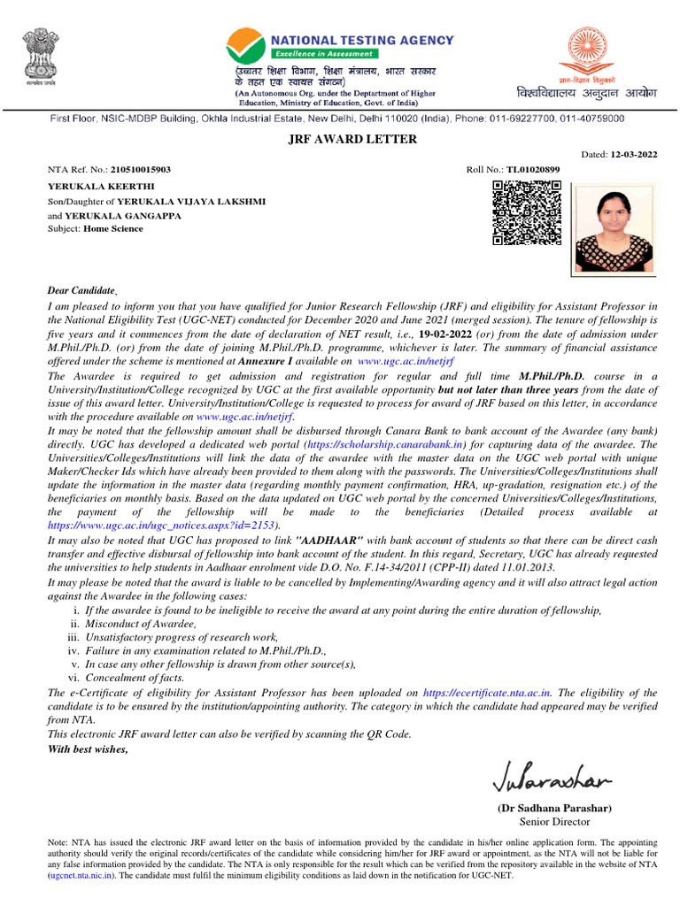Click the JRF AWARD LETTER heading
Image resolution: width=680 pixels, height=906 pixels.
(x=340, y=139)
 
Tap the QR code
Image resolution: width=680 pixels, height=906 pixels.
(x=527, y=212)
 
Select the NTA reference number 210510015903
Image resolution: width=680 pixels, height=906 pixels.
(x=141, y=169)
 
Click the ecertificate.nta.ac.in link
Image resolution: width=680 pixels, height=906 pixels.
(x=488, y=693)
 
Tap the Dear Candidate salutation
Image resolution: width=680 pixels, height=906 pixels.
(x=82, y=290)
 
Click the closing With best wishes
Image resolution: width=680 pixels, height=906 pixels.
(x=88, y=749)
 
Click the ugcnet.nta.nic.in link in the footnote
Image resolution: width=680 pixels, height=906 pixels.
(x=81, y=873)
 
